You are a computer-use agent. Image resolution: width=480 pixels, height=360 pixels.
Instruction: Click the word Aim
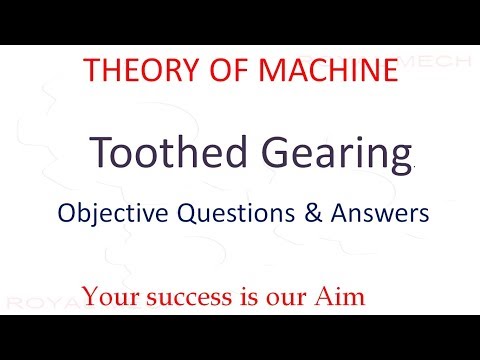tap(336, 296)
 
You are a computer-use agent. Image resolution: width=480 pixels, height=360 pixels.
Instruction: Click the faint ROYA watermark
tap(30, 300)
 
